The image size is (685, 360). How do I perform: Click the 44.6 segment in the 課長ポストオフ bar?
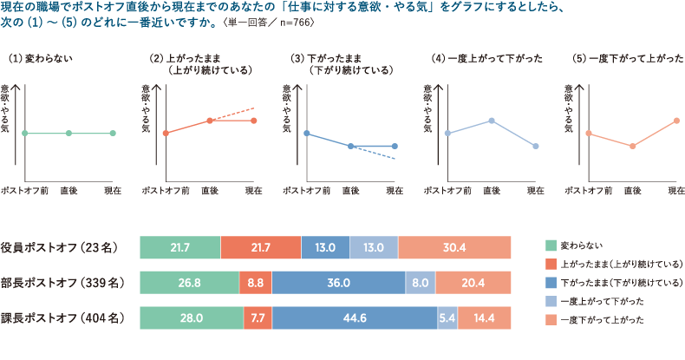[x=354, y=318]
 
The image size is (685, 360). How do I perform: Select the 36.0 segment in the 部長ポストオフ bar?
[x=338, y=283]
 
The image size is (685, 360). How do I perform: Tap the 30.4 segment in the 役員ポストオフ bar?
[x=453, y=247]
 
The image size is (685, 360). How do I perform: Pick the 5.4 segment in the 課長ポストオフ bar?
[x=447, y=318]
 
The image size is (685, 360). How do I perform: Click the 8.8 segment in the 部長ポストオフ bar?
[x=256, y=283]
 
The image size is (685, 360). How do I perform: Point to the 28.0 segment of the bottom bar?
[x=191, y=318]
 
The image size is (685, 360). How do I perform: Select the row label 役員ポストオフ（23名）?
[x=64, y=247]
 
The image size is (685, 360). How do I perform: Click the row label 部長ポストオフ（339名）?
[x=64, y=283]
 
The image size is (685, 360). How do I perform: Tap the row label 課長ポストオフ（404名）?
[x=64, y=318]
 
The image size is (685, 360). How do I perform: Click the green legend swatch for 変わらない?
[x=550, y=245]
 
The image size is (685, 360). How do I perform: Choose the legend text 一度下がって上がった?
[x=603, y=321]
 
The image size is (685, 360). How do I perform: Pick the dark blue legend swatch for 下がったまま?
[x=550, y=283]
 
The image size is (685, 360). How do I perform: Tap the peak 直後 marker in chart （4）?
[x=492, y=121]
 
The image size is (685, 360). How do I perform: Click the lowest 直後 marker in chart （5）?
[x=632, y=146]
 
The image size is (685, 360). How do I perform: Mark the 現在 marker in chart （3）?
[x=395, y=146]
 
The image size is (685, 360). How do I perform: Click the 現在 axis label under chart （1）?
[x=113, y=189]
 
